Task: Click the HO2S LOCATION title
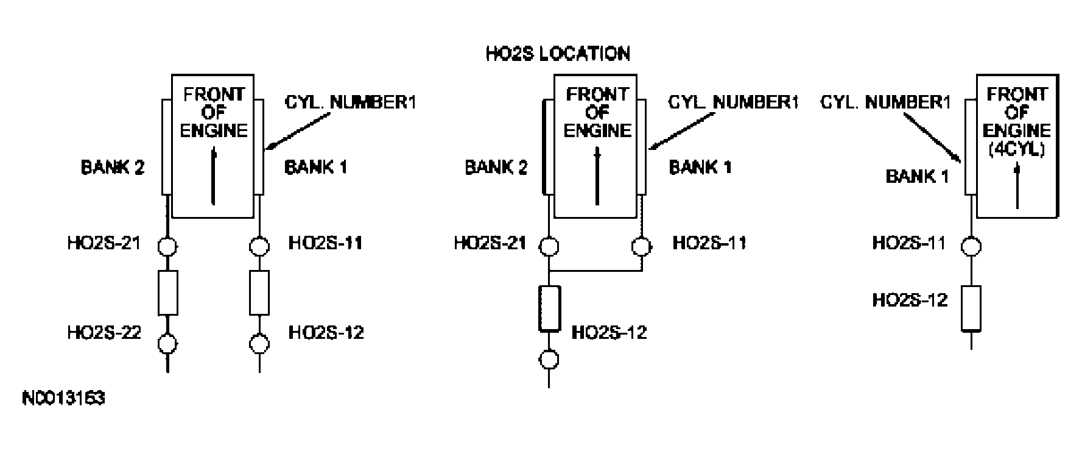point(557,54)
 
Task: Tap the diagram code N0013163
point(63,399)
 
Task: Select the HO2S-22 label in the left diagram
point(104,332)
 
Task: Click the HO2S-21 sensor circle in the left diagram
point(167,247)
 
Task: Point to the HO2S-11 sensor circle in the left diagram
point(260,247)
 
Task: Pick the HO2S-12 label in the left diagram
point(326,332)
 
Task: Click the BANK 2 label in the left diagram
point(113,167)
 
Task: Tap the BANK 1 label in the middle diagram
point(700,167)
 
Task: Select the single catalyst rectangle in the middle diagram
point(549,307)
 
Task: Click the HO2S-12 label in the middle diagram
point(609,332)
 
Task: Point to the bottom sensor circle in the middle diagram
point(549,359)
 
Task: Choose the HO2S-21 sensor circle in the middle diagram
point(549,247)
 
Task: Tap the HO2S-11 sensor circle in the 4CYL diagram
point(971,246)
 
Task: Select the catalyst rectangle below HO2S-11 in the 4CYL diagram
point(971,308)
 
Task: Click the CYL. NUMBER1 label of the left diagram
point(350,102)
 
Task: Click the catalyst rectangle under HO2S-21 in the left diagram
point(167,293)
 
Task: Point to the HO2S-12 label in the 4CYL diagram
point(910,300)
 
